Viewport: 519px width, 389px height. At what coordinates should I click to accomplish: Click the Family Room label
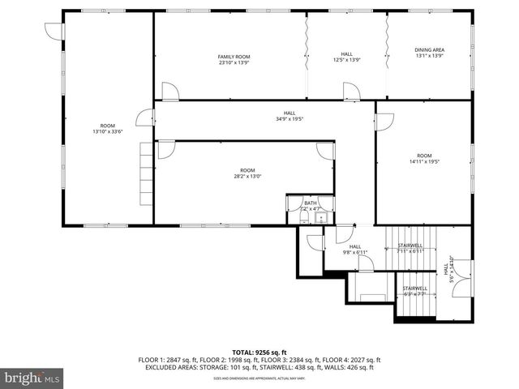234,57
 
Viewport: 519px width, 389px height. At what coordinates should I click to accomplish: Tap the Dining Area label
429,50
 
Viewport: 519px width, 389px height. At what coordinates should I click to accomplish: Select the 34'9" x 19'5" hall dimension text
289,119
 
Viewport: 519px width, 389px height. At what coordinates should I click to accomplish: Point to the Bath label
311,203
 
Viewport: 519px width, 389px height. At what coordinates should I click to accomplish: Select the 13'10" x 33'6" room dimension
107,132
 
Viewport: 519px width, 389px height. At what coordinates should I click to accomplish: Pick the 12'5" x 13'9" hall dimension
346,60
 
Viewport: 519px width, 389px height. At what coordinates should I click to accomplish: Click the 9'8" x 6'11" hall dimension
355,252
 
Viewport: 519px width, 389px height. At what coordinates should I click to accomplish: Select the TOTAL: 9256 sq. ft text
259,353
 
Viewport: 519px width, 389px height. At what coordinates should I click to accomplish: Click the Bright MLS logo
33,377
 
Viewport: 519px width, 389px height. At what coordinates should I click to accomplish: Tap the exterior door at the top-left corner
53,31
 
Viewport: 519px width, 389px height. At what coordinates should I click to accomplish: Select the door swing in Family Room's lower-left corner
170,92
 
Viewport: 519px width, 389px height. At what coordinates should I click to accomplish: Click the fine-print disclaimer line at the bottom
259,378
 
